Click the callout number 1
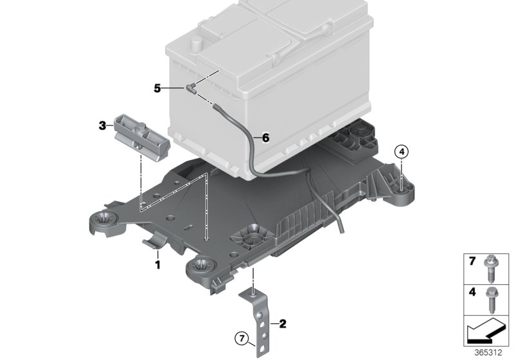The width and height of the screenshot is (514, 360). [156, 264]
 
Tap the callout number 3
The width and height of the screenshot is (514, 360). [102, 126]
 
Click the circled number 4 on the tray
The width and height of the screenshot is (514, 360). [401, 152]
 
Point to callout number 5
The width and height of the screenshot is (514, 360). [157, 88]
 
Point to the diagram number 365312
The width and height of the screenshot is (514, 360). [490, 352]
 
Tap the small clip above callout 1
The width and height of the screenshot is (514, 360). [154, 243]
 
